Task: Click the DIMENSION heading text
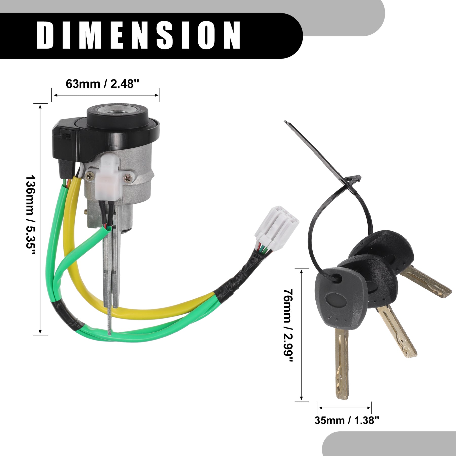138,35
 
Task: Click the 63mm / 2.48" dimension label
103,84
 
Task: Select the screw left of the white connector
90,175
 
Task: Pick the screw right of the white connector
129,178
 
